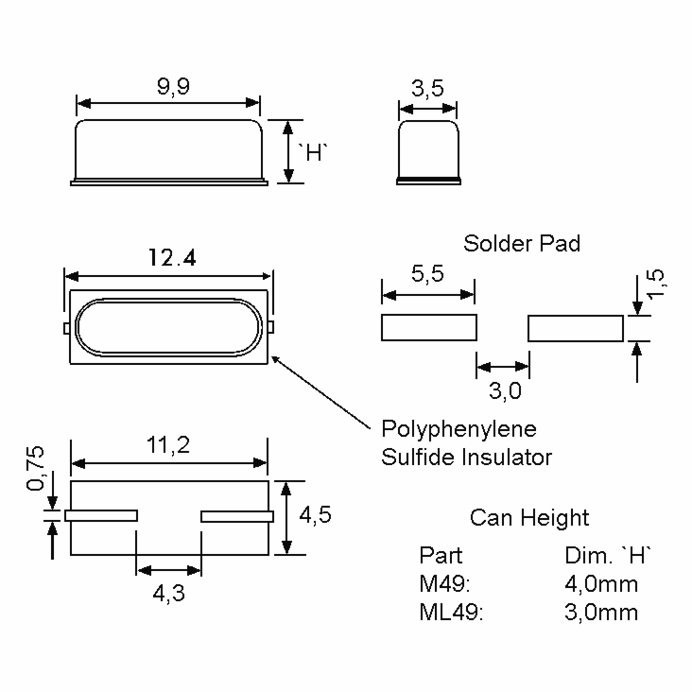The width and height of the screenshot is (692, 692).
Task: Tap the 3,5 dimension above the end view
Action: coord(427,88)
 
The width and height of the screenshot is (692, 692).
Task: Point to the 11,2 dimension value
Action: coord(168,445)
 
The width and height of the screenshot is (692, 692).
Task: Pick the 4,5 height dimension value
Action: coord(315,515)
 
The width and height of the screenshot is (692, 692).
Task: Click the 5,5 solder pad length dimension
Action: coord(427,274)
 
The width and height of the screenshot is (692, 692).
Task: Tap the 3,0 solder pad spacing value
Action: coord(505,390)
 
